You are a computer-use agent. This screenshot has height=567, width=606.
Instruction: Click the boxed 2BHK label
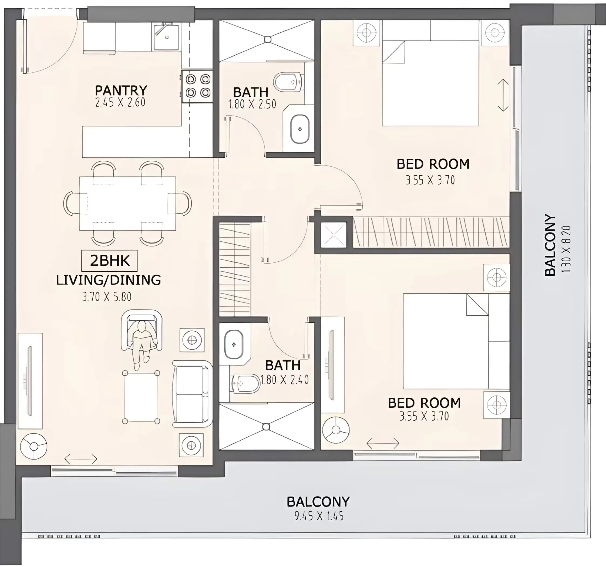coord(109,261)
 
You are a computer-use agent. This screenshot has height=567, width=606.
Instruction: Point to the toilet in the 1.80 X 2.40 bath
coord(245,383)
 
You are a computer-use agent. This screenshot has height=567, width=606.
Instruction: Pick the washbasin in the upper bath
coord(300,129)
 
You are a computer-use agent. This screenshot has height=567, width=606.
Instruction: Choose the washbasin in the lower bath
coord(234,345)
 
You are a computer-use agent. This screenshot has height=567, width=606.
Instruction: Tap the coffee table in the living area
coord(141,397)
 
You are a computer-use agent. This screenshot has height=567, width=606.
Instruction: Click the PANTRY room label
coord(121,90)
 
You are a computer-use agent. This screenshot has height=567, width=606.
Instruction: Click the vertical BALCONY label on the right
coord(550,245)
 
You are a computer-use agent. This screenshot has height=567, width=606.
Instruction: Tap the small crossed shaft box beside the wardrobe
coord(334,235)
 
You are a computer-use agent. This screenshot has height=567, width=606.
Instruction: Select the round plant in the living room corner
coord(33,446)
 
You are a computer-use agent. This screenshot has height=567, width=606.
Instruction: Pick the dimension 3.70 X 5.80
coord(107,297)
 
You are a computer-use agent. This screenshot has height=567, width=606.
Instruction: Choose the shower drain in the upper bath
coord(268,39)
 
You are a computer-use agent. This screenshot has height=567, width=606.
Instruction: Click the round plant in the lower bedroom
coord(336,430)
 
